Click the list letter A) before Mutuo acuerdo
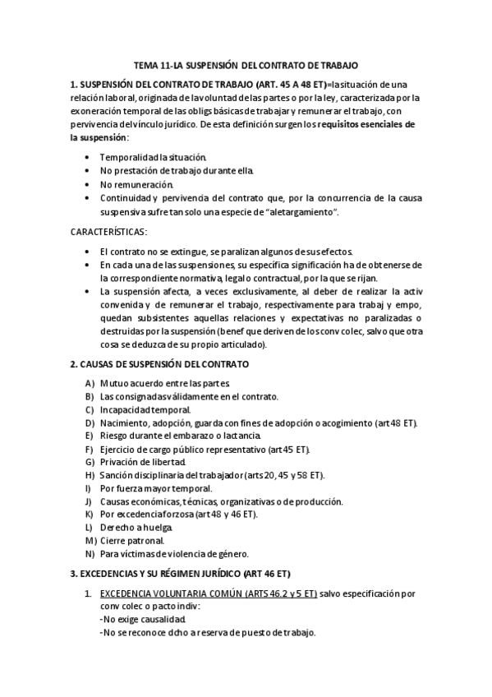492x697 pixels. pyautogui.click(x=90, y=383)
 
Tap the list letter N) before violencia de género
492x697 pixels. pyautogui.click(x=90, y=554)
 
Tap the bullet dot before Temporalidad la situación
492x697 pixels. pyautogui.click(x=88, y=157)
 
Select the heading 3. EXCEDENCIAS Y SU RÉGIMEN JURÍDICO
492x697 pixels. pyautogui.click(x=181, y=573)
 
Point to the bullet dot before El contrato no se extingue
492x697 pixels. pyautogui.click(x=88, y=251)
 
